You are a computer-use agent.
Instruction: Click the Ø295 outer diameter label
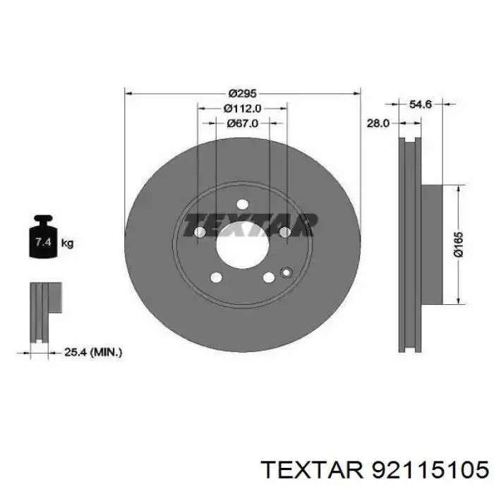pos(242,94)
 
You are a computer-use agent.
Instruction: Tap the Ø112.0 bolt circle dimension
pos(242,109)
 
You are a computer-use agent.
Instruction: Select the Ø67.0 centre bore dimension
pos(242,123)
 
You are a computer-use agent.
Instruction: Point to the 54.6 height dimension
pos(421,104)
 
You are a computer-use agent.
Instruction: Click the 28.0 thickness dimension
pos(378,123)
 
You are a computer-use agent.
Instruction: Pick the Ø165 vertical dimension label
pos(459,244)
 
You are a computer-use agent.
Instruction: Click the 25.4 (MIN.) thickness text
pos(93,351)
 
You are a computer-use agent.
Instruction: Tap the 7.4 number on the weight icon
pos(43,242)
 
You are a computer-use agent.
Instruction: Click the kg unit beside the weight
pos(67,243)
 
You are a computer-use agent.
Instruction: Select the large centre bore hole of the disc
pos(242,245)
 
